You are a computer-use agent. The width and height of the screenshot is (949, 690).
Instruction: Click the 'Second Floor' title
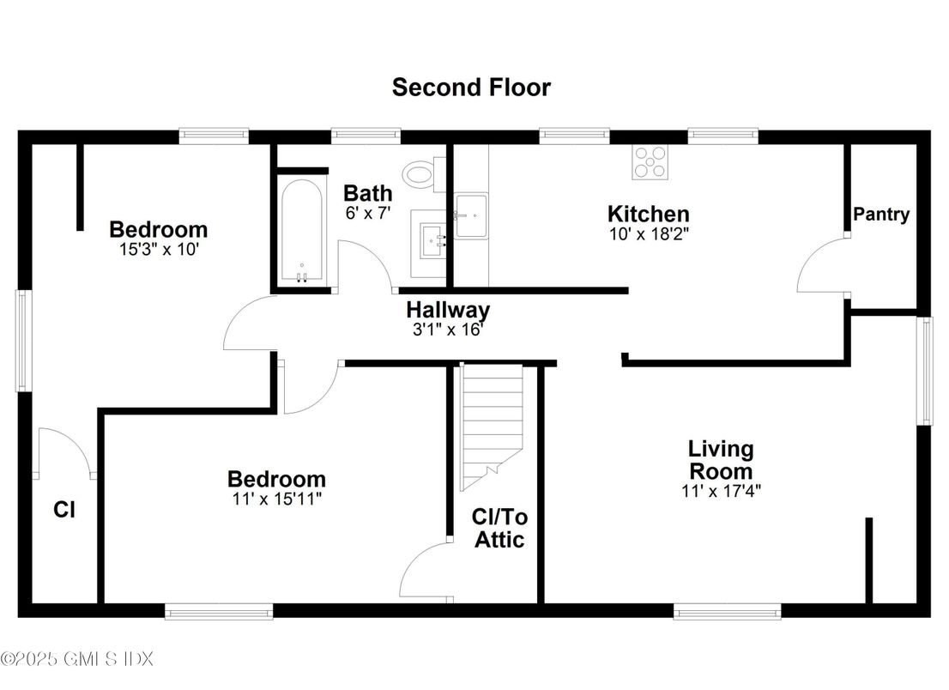pyautogui.click(x=471, y=87)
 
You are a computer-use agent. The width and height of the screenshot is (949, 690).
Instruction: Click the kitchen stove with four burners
pyautogui.click(x=650, y=162)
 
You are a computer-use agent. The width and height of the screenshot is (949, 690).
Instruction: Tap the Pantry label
pyautogui.click(x=881, y=215)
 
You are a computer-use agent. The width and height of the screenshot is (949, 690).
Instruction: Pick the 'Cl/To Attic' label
pyautogui.click(x=499, y=529)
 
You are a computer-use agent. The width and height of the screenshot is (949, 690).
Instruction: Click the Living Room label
pyautogui.click(x=721, y=459)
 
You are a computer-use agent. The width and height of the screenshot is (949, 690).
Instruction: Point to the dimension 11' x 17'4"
pyautogui.click(x=721, y=491)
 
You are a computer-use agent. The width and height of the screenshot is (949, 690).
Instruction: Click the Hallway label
pyautogui.click(x=448, y=309)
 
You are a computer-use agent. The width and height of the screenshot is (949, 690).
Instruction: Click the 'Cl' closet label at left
pyautogui.click(x=64, y=510)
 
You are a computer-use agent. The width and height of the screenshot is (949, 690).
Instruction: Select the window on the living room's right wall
pyautogui.click(x=924, y=371)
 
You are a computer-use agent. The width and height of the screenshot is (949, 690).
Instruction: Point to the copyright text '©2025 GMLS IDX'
pyautogui.click(x=77, y=659)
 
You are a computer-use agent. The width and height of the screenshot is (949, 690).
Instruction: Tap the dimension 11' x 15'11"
pyautogui.click(x=275, y=498)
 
